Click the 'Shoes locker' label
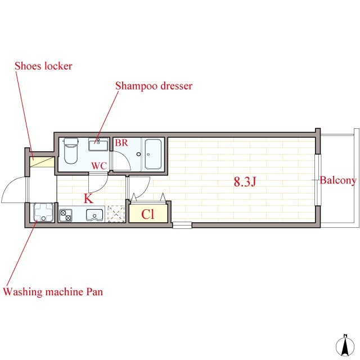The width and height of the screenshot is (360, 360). (44, 66)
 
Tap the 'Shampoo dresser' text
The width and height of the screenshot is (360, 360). (154, 86)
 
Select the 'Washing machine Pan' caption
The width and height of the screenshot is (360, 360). (53, 292)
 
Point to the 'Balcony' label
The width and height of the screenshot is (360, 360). (338, 181)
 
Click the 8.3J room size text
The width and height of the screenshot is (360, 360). (245, 182)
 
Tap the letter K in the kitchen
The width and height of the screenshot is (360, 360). (89, 199)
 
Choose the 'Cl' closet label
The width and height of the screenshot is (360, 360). (147, 214)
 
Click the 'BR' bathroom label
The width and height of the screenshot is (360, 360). (121, 143)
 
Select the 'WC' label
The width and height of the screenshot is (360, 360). (99, 166)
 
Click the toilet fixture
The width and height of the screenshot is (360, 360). (71, 151)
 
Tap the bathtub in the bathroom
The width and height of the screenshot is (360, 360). (153, 154)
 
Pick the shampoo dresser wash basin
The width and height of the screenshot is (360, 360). (98, 145)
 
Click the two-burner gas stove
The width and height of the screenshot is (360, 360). (66, 215)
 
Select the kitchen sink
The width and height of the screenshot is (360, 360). (94, 215)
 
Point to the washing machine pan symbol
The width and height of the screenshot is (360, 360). (43, 213)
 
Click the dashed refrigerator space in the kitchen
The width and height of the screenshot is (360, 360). (116, 214)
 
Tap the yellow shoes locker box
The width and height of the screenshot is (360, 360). (42, 162)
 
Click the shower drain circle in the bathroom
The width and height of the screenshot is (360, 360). (138, 154)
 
